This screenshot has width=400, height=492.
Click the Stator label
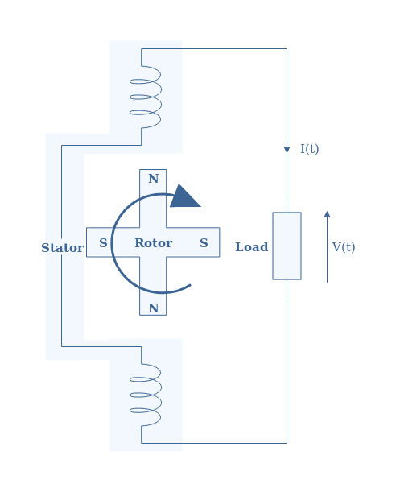pos(63,248)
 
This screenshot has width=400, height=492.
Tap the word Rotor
pos(154,243)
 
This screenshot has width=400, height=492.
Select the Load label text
pos(252,247)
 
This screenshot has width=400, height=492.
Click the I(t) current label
pos(310,149)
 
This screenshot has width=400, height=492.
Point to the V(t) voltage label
pos(344,247)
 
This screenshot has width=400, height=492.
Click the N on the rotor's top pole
pos(154,179)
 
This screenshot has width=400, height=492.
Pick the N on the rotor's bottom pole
pos(154,308)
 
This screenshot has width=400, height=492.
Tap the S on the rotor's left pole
pos(103,243)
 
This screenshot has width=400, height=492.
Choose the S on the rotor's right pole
pos(204,243)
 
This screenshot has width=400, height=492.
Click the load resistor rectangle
pos(287,246)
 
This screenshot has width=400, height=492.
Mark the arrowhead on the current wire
pos(287,150)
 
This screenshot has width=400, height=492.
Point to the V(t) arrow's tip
pos(327,211)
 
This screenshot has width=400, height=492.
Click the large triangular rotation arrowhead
pos(184,197)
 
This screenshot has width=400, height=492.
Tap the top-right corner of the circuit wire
pos(287,48)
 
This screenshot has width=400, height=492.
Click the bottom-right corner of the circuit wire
pos(287,443)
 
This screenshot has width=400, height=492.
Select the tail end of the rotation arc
pos(191,285)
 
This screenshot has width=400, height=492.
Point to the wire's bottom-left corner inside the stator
pos(61,346)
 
